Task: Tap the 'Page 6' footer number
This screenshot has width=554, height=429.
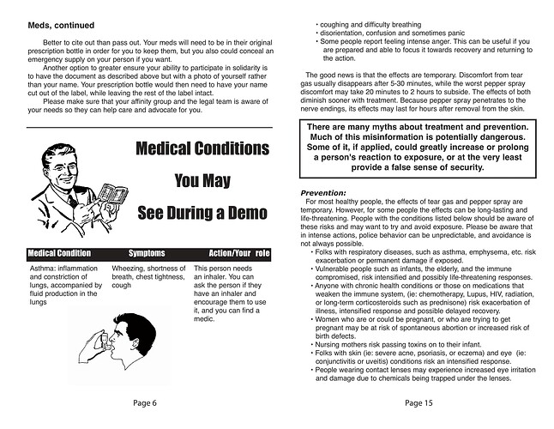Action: [144, 402]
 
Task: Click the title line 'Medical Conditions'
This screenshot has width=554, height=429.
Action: [202, 148]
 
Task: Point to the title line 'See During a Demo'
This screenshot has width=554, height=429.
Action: [202, 212]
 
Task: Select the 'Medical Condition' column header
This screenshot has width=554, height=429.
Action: [59, 254]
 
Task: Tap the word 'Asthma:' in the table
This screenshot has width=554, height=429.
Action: [45, 269]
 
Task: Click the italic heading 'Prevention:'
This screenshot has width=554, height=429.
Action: [323, 192]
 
